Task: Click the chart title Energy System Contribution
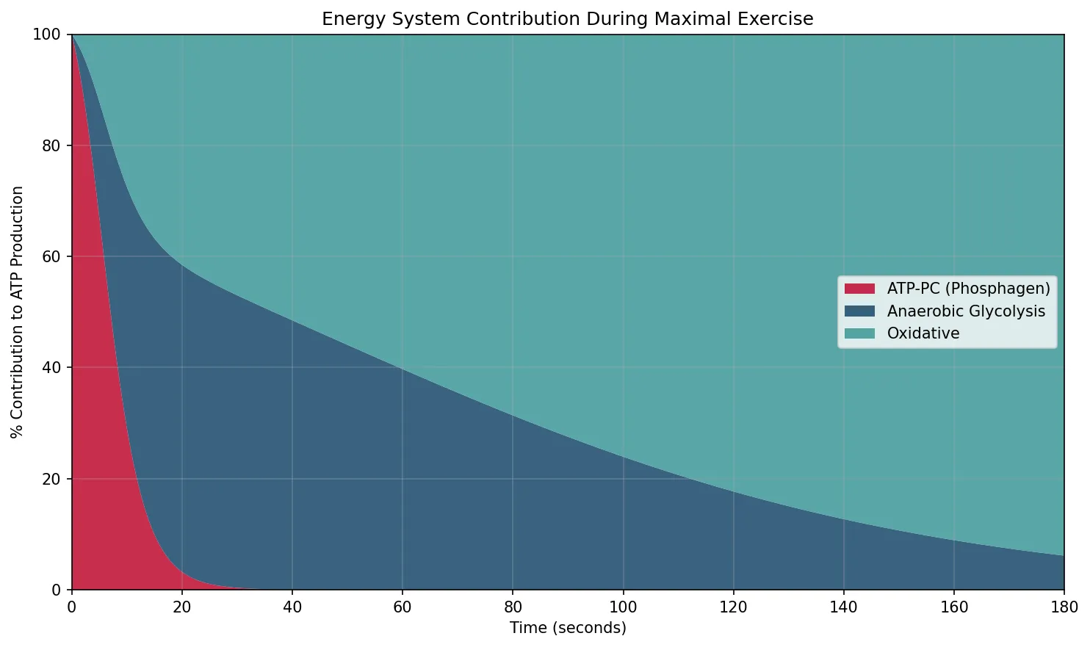(567, 19)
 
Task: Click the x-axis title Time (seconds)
(568, 628)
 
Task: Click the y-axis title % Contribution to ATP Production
(18, 312)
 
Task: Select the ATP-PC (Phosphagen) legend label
(968, 289)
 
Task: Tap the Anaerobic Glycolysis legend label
(965, 311)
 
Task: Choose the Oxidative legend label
(923, 333)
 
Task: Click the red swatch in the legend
(859, 289)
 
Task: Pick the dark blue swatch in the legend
(859, 311)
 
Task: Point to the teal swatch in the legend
(859, 333)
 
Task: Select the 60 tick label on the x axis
(403, 607)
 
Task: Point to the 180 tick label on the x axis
(1064, 607)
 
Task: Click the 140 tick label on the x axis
(843, 607)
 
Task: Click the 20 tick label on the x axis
(181, 607)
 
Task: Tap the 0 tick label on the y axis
(57, 590)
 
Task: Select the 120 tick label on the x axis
(733, 607)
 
